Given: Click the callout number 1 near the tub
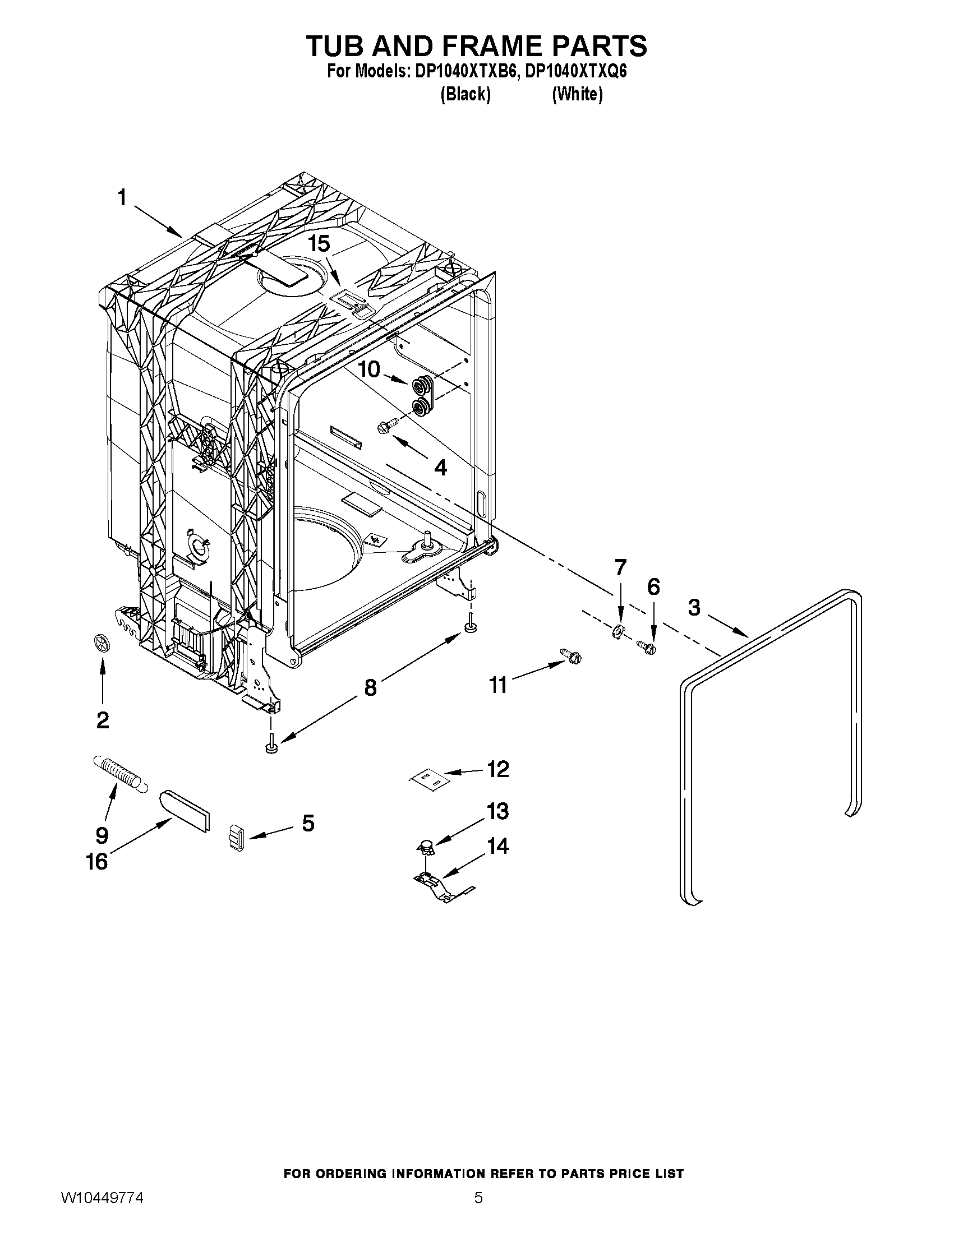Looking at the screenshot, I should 122,199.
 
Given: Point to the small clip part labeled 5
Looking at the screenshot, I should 237,837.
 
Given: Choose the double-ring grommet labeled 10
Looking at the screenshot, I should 423,397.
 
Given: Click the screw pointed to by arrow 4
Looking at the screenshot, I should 388,428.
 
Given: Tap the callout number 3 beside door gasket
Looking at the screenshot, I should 694,608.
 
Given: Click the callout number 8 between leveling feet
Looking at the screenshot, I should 370,687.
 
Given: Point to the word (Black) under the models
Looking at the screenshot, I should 465,94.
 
